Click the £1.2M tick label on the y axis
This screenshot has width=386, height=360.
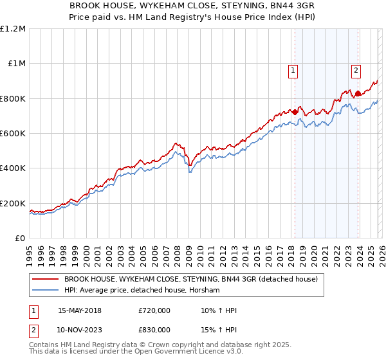tap(13, 29)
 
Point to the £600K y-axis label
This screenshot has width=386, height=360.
tap(13, 134)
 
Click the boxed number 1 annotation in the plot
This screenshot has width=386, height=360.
tap(293, 71)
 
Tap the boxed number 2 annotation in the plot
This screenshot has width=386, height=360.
tap(356, 71)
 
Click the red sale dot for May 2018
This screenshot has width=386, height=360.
tap(295, 112)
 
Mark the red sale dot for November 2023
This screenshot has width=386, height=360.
tap(358, 93)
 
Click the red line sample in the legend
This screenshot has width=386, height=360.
tap(46, 280)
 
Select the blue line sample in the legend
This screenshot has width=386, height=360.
tap(46, 291)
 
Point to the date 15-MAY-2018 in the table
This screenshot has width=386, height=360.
tap(79, 310)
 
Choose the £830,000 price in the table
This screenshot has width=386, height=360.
tap(154, 329)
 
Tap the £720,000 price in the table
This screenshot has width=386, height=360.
tap(154, 310)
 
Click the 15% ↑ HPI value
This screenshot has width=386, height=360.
tap(219, 329)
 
